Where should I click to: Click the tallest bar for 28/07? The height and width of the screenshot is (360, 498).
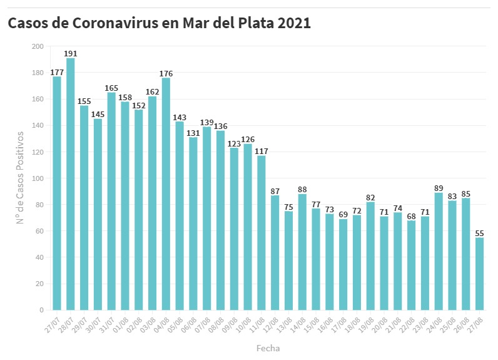pos(71,184)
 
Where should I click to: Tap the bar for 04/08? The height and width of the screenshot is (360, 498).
pos(166,194)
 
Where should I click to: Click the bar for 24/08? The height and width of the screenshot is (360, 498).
pos(439,251)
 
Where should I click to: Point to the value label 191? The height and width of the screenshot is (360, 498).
pos(71,53)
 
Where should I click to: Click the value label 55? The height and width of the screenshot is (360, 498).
pos(479,233)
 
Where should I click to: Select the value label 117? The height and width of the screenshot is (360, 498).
pos(261,151)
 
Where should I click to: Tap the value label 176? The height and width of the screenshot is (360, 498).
pos(166,73)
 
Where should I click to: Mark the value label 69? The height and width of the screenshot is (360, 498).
pos(343,214)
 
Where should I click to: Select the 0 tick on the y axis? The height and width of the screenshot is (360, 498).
pos(41,310)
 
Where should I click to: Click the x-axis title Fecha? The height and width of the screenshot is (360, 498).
pos(268,347)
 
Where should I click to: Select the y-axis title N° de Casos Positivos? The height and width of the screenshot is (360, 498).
pos(20,178)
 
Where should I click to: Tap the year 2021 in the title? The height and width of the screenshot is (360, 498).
pos(293,23)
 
